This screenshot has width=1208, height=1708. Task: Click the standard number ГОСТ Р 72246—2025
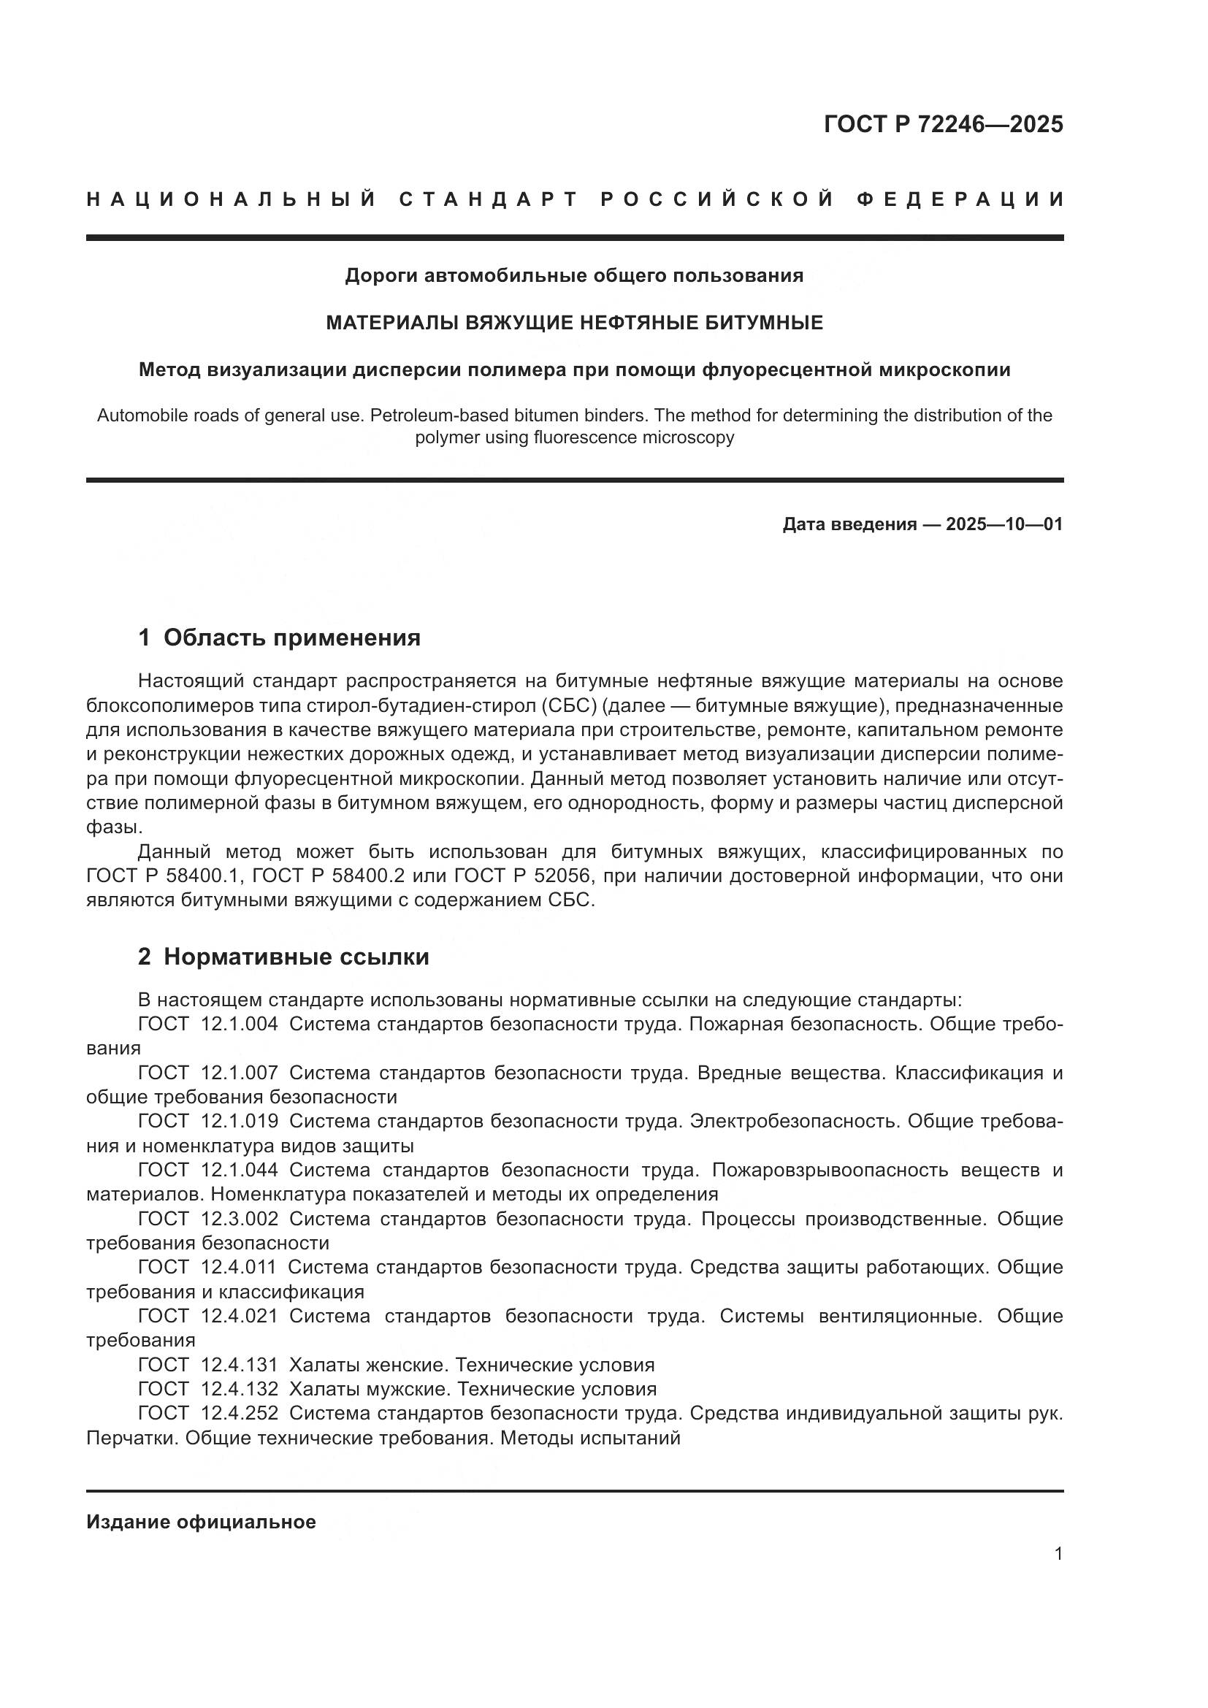942,124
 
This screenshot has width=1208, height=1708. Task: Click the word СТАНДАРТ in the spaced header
489,199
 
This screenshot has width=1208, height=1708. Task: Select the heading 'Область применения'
291,637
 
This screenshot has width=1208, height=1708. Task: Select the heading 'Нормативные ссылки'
296,957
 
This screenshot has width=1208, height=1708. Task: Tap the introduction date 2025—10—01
1004,524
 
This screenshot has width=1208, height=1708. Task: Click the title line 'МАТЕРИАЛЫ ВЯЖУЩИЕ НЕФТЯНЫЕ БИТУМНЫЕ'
574,323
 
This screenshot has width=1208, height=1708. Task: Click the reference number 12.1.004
240,1025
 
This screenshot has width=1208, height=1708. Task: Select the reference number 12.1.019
240,1121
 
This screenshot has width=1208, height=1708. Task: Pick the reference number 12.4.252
240,1413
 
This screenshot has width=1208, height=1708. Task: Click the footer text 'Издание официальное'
201,1522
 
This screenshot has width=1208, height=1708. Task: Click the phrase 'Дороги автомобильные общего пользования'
574,276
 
